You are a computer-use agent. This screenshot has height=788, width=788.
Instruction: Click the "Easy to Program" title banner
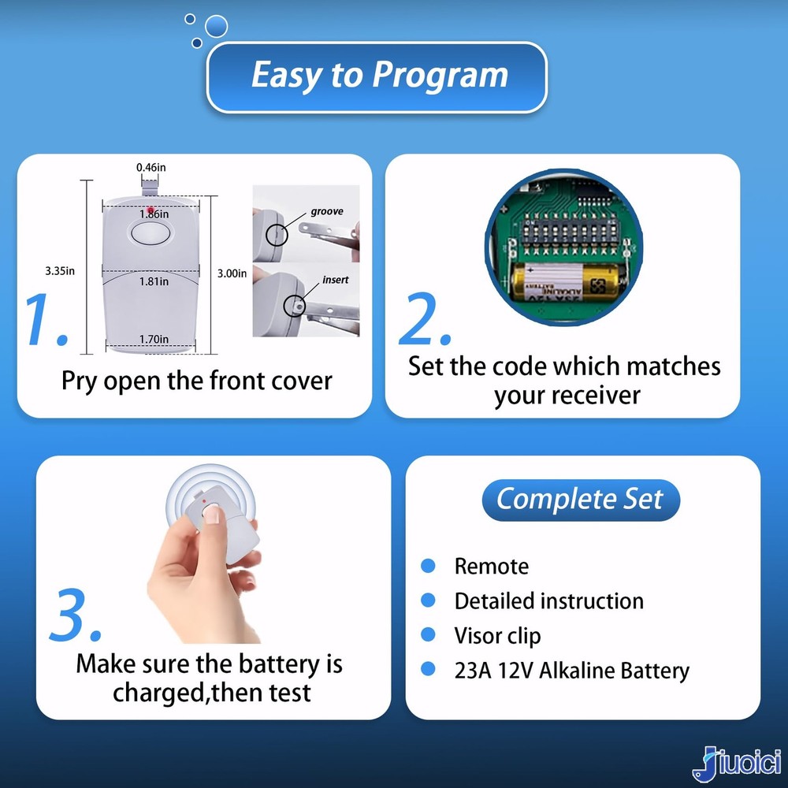click(x=377, y=77)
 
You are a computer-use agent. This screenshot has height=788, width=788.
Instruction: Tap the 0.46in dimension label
click(x=151, y=167)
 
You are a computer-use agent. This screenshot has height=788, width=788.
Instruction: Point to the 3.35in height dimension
click(x=60, y=271)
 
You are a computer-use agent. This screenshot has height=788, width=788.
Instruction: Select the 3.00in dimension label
click(x=232, y=273)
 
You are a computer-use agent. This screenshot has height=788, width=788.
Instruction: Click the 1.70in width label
click(x=154, y=339)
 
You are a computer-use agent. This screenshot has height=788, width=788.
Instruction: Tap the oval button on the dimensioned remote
click(x=151, y=234)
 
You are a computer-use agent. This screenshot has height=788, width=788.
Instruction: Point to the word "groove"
click(x=327, y=211)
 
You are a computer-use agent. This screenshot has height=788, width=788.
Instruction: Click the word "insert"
click(x=335, y=280)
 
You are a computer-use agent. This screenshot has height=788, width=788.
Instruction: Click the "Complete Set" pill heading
click(x=581, y=500)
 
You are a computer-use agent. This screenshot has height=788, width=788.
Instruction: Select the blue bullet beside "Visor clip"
click(x=428, y=634)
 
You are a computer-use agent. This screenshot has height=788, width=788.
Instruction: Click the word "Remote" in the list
click(x=491, y=567)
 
